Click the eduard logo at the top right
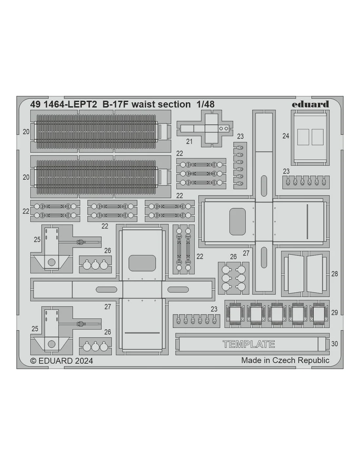tap(310, 104)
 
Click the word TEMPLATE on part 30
tap(249, 344)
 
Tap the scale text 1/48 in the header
tap(206, 104)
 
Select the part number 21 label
tap(189, 142)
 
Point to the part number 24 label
tap(286, 136)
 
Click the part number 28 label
tap(334, 274)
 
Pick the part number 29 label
tap(334, 313)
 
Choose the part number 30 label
tap(334, 344)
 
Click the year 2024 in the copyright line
tap(84, 361)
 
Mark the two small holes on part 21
tap(224, 129)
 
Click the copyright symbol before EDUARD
tap(33, 361)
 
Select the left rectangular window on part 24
tap(304, 137)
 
